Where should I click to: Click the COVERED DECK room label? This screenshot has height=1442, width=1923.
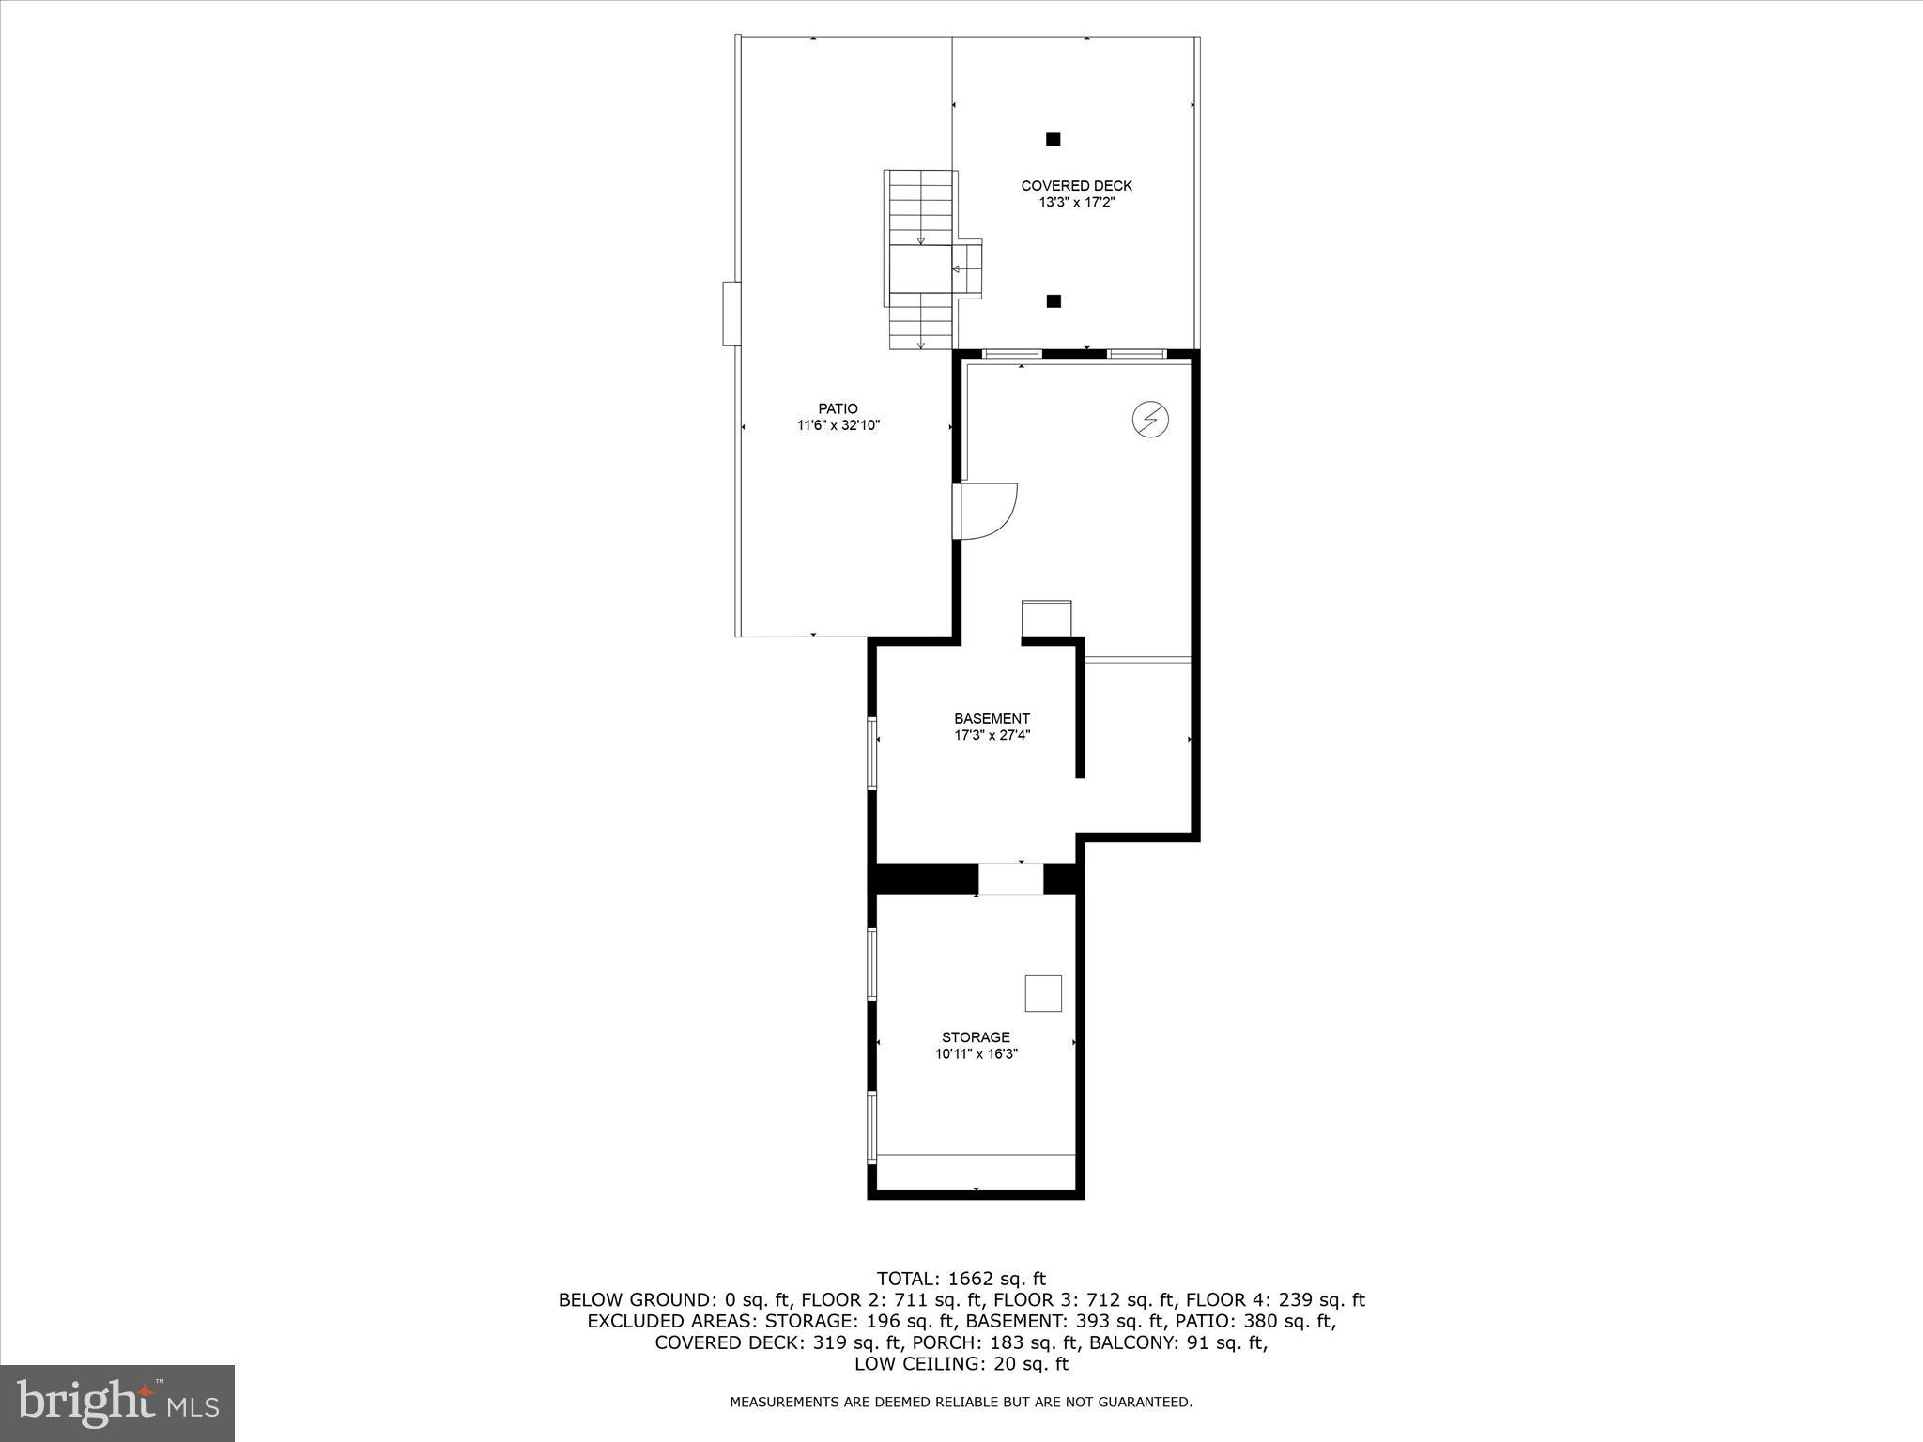[1076, 186]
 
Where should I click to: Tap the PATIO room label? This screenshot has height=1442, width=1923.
[838, 408]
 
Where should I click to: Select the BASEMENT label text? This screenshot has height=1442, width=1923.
[992, 719]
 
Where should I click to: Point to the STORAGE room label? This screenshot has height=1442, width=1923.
[976, 1037]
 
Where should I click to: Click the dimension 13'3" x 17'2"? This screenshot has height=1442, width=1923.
[1076, 203]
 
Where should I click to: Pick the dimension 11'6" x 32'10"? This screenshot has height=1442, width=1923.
[838, 425]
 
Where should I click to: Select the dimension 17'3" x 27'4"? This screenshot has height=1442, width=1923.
[992, 736]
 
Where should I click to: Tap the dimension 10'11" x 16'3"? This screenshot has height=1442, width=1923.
[976, 1054]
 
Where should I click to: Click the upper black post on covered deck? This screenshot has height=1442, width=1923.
[1054, 139]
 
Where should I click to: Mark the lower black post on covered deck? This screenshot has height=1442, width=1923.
[1054, 301]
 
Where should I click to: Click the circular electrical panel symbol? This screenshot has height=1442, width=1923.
[1149, 419]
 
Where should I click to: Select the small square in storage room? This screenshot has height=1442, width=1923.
[1043, 993]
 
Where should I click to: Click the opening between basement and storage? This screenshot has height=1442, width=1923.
[1010, 879]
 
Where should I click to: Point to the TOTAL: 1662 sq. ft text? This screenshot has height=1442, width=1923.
[961, 1279]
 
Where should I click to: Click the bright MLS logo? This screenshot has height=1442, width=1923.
[117, 1403]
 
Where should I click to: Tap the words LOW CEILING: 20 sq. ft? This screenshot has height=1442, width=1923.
[961, 1364]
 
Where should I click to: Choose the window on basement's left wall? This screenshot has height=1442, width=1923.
[871, 753]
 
